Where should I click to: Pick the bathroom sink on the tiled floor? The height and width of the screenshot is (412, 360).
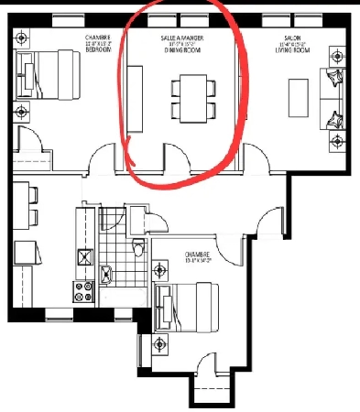click(x=107, y=272)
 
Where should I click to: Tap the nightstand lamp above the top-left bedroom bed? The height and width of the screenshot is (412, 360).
click(x=21, y=38)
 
